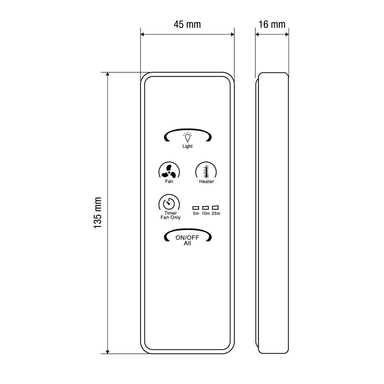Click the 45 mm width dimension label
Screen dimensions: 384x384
187,24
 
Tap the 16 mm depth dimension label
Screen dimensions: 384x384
272,24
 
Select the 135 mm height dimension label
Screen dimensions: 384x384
98,212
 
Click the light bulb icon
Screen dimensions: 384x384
188,137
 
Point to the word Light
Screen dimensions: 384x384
188,146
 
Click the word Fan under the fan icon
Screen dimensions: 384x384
169,181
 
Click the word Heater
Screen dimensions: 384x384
206,181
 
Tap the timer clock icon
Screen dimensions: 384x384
169,203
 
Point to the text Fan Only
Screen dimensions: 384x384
170,218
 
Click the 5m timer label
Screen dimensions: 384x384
196,213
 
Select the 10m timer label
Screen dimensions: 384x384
206,213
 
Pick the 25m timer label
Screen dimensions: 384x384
216,213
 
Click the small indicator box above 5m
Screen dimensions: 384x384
196,208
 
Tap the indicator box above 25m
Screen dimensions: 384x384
216,208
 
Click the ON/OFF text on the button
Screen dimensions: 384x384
188,238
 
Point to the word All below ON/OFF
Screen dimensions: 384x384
188,244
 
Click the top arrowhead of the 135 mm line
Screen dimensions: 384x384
108,75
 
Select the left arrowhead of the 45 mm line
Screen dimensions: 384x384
143,34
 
